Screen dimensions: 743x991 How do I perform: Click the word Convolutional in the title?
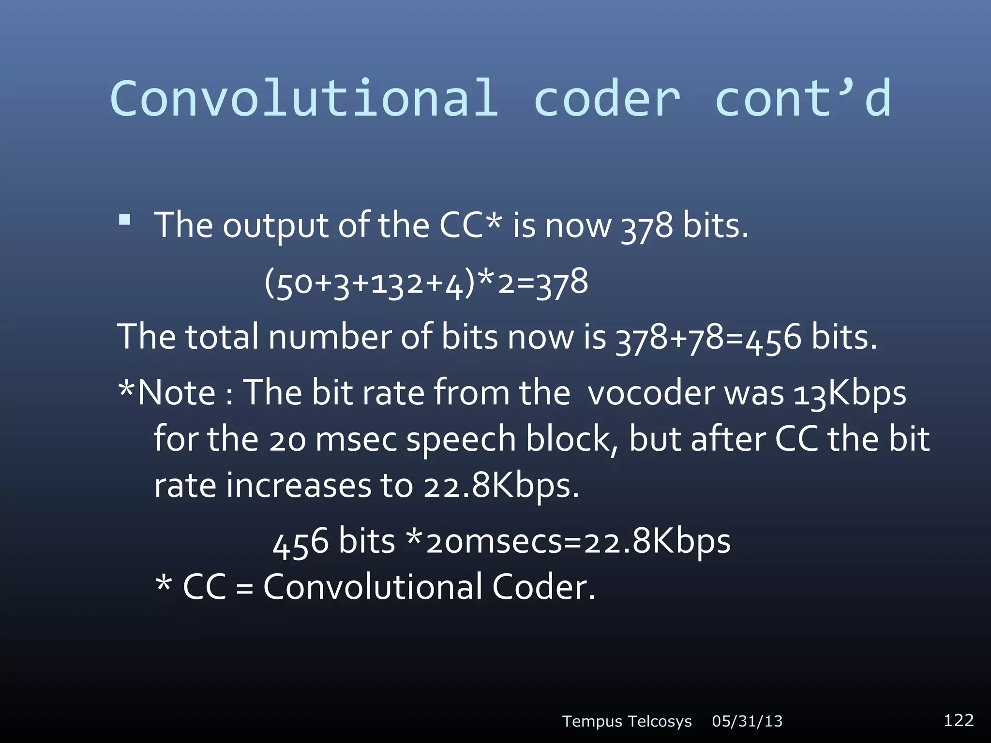tap(304, 98)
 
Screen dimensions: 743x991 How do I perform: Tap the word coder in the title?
tap(607, 98)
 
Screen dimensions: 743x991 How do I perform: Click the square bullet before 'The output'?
tap(124, 220)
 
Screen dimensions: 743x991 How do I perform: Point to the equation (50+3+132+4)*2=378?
tap(426, 282)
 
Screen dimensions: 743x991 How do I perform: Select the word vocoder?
tap(651, 392)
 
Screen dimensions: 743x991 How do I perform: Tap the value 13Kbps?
tap(849, 392)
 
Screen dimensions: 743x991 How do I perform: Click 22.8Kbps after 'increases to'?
tap(501, 486)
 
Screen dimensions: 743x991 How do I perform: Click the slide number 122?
tap(959, 720)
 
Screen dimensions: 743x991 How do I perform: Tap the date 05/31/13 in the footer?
tap(747, 722)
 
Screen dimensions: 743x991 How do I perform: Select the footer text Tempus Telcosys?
tap(627, 722)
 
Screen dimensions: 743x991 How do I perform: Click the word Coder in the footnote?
tap(543, 587)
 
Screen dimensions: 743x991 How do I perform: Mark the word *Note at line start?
tap(166, 392)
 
